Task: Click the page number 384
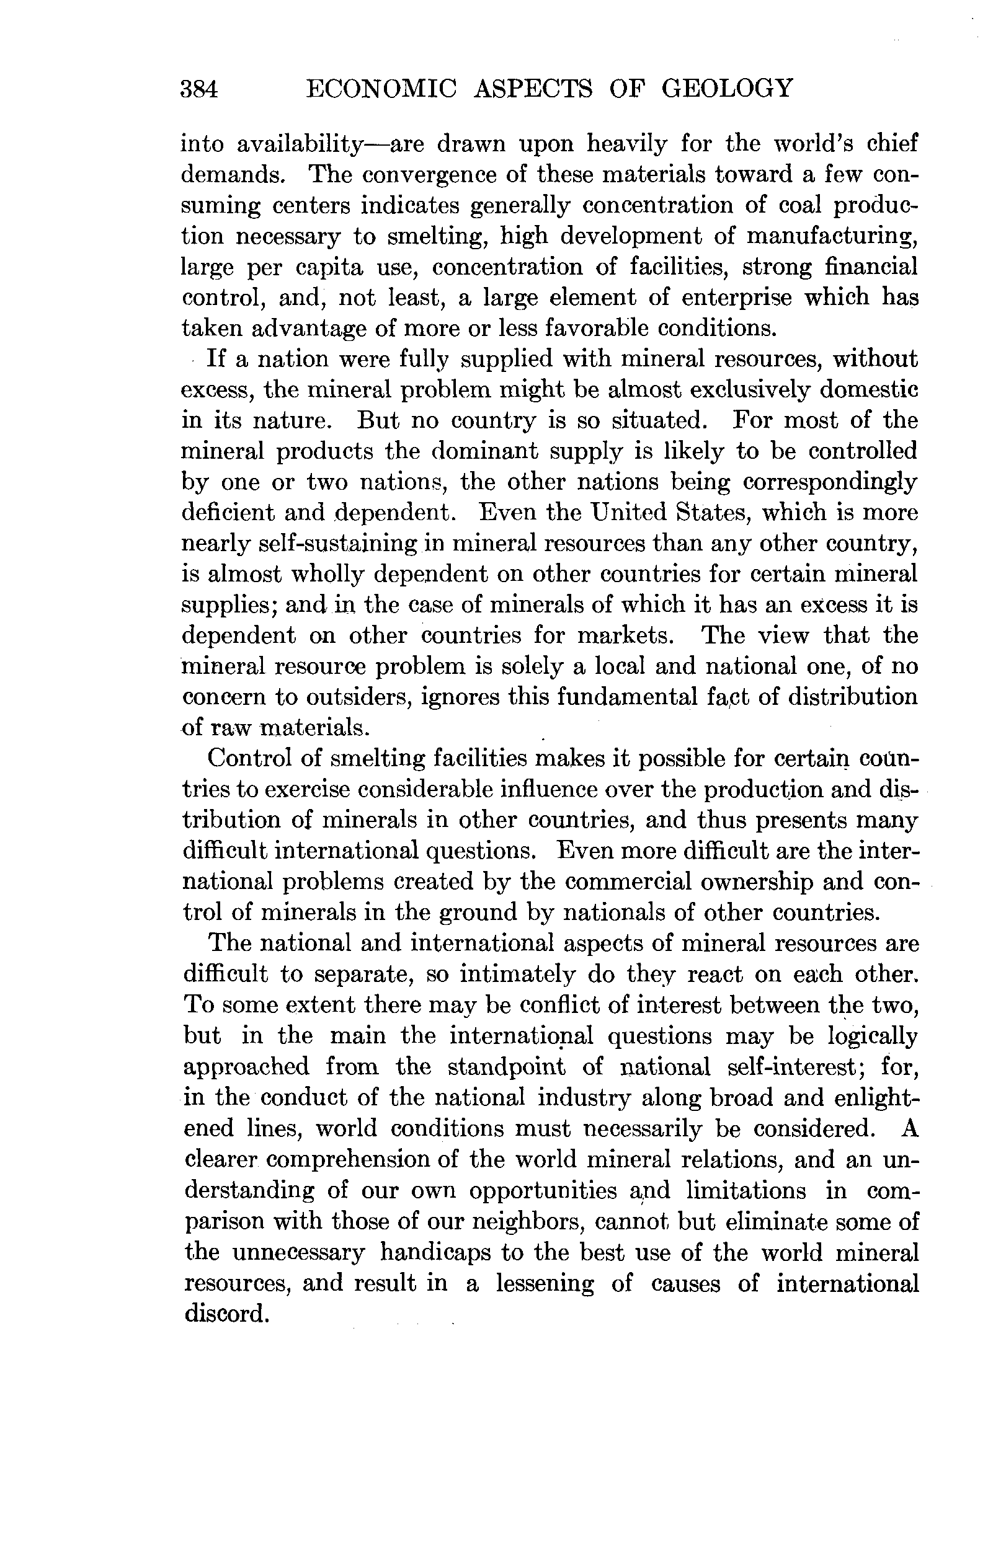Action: [x=200, y=88]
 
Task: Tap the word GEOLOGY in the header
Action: [x=727, y=87]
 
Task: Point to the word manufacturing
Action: [x=832, y=236]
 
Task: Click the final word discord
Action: [x=226, y=1314]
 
